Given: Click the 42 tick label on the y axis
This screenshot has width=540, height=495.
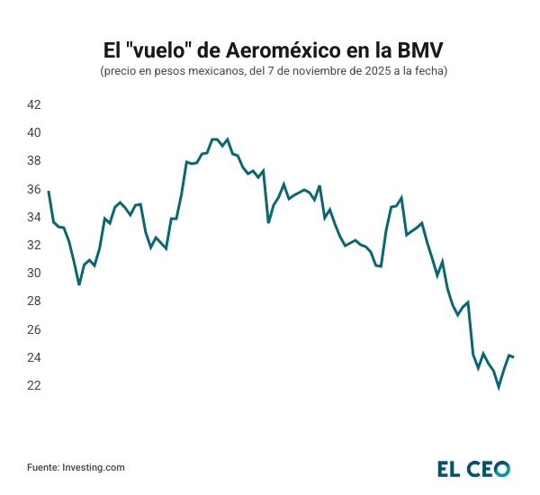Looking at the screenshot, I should (34, 104).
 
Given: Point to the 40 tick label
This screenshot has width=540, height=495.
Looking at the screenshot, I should (34, 132).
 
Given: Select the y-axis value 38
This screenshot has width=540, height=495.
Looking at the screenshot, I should (34, 160).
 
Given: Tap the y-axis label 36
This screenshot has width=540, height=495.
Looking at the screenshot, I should (34, 189).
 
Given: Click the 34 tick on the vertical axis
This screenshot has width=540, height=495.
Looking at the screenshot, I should (34, 217).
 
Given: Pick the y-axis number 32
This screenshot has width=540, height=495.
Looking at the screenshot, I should (34, 245).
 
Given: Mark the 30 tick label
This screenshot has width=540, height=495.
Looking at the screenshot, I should (34, 273).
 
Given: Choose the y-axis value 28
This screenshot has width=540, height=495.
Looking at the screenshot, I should (34, 301).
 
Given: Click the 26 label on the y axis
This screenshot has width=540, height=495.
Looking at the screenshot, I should (34, 329).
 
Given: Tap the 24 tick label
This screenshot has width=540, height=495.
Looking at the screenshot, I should (34, 357).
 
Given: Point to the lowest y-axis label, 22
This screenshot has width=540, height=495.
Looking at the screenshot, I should (34, 385).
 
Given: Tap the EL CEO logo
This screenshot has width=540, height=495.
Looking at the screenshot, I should (473, 468).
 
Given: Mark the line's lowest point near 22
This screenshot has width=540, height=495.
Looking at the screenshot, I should (499, 388).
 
